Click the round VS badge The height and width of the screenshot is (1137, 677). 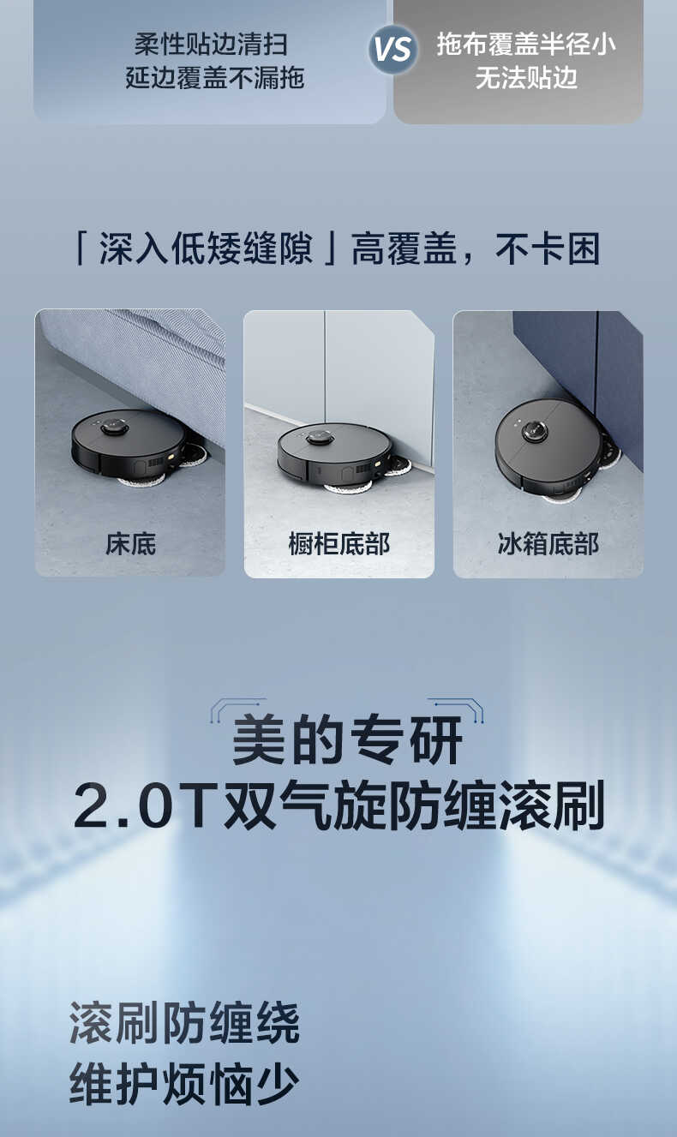[392, 49]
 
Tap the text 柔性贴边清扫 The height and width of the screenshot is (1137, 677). [211, 44]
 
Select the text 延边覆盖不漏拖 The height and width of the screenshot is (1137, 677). [214, 78]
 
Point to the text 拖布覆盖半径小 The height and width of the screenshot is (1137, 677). [526, 44]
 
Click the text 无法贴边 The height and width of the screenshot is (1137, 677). [526, 78]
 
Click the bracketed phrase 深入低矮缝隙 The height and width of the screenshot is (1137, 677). [206, 249]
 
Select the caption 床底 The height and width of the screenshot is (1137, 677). [130, 543]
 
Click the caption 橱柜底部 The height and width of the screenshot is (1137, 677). [339, 543]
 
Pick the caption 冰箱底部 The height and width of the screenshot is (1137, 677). [548, 543]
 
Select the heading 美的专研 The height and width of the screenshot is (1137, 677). [348, 740]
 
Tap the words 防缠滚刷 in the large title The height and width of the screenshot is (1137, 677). [497, 806]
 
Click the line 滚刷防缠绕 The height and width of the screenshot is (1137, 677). [184, 1022]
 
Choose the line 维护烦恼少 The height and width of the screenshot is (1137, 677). [184, 1084]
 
